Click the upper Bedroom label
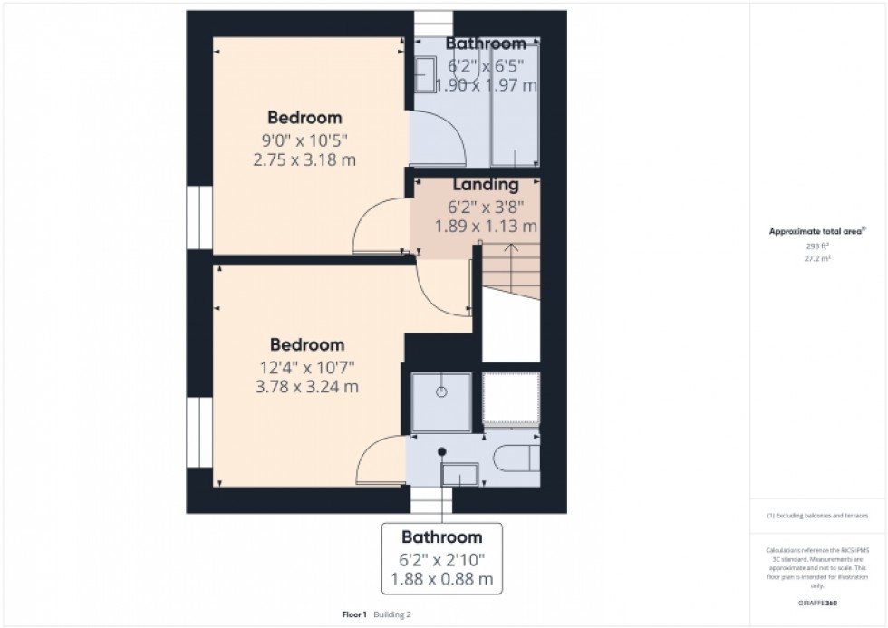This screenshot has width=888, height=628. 304,118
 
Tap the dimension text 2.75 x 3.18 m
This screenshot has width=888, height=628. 304,159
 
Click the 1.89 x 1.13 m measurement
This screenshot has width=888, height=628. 487,226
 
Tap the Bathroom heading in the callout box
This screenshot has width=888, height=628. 441,536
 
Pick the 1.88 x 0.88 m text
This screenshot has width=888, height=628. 441,578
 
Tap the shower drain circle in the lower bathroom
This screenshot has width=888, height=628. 441,392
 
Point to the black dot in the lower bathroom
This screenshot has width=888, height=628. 442,451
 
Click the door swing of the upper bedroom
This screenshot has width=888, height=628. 379,227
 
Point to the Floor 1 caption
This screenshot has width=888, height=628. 353,614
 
